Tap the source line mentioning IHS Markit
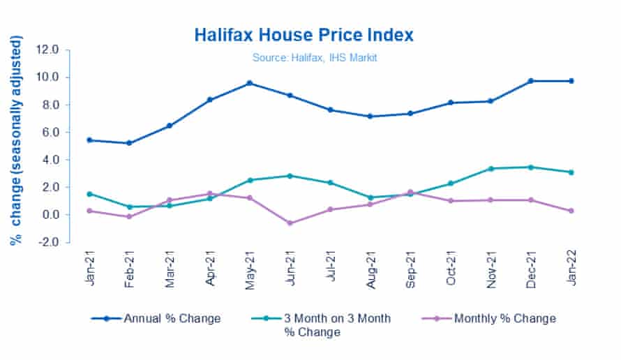[314, 58]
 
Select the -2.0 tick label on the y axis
[57, 242]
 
